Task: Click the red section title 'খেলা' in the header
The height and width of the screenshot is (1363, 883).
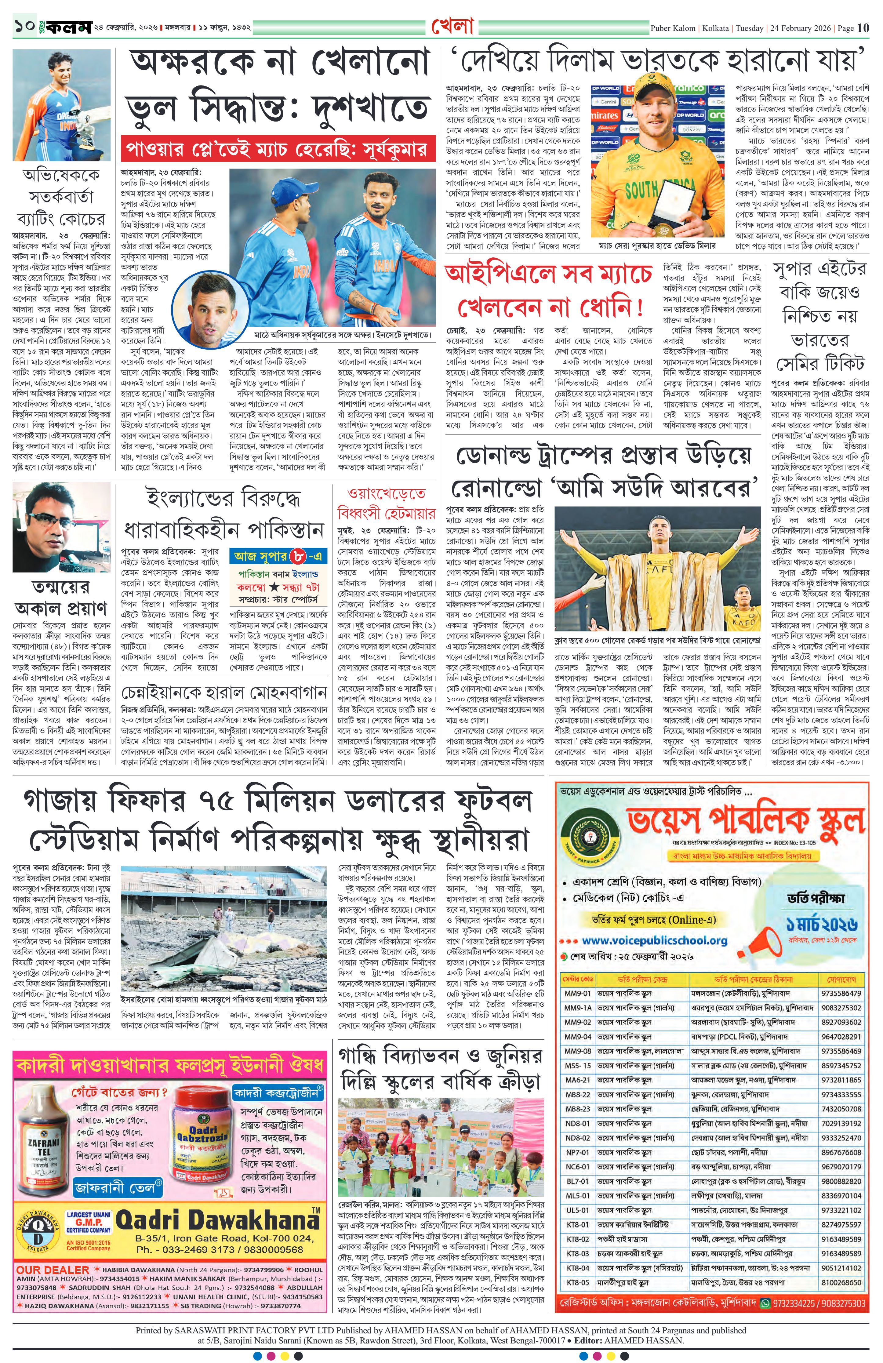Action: tap(452, 27)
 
